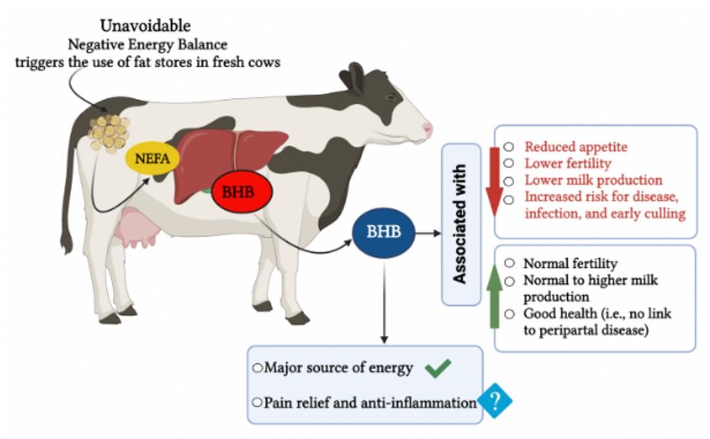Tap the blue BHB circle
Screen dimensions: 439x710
(x=384, y=232)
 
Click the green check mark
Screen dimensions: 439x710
(x=437, y=369)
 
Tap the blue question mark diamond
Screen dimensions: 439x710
(x=495, y=402)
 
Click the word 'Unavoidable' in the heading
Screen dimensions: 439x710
(x=145, y=27)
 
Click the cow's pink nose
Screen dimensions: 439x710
(x=427, y=128)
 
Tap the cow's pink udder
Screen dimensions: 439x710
(x=137, y=230)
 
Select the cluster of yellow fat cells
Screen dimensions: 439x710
(x=109, y=132)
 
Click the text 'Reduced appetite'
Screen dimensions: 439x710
(x=575, y=147)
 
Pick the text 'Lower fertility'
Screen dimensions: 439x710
(x=567, y=163)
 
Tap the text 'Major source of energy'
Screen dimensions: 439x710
(x=337, y=369)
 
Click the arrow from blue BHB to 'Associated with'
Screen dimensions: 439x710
(x=427, y=232)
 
